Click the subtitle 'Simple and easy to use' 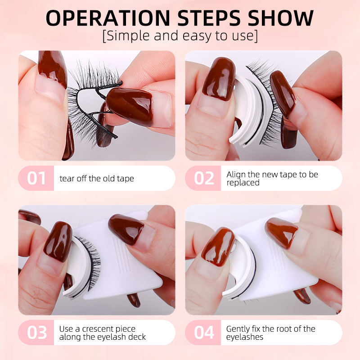click(180, 36)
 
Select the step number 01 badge click(36, 178)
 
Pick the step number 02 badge click(203, 178)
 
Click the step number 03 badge click(36, 333)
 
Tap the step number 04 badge click(203, 333)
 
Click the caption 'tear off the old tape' click(97, 179)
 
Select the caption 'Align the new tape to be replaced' click(272, 178)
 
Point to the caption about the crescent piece click(103, 333)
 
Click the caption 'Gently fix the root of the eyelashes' click(270, 333)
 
